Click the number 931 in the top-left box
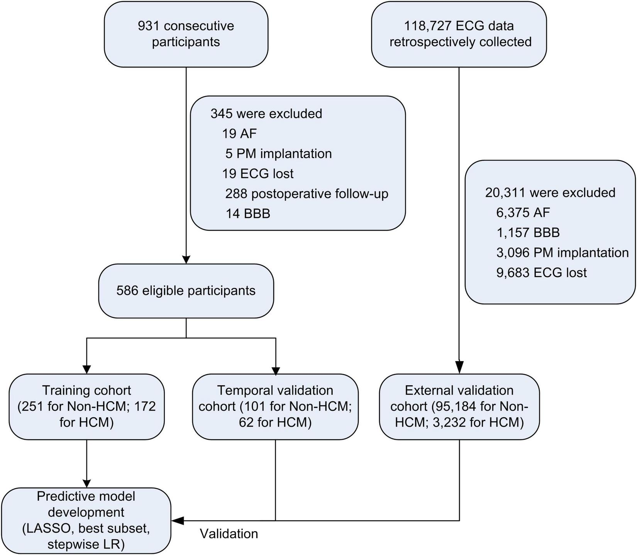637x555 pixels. point(149,26)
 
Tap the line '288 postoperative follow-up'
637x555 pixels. point(307,194)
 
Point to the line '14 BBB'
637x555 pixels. point(248,214)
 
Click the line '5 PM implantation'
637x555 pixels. point(278,154)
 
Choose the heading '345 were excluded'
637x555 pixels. point(266,114)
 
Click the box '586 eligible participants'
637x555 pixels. point(186,290)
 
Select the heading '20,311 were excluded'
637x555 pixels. point(550,192)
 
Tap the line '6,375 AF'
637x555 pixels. point(523,213)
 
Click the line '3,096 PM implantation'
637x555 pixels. point(562,253)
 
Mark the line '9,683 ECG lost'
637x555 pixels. point(541,273)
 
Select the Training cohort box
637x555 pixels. point(86,406)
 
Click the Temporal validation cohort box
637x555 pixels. point(275,406)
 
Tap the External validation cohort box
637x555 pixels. point(459,406)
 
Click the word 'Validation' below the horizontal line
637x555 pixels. point(229,534)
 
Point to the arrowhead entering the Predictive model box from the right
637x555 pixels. point(177,521)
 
